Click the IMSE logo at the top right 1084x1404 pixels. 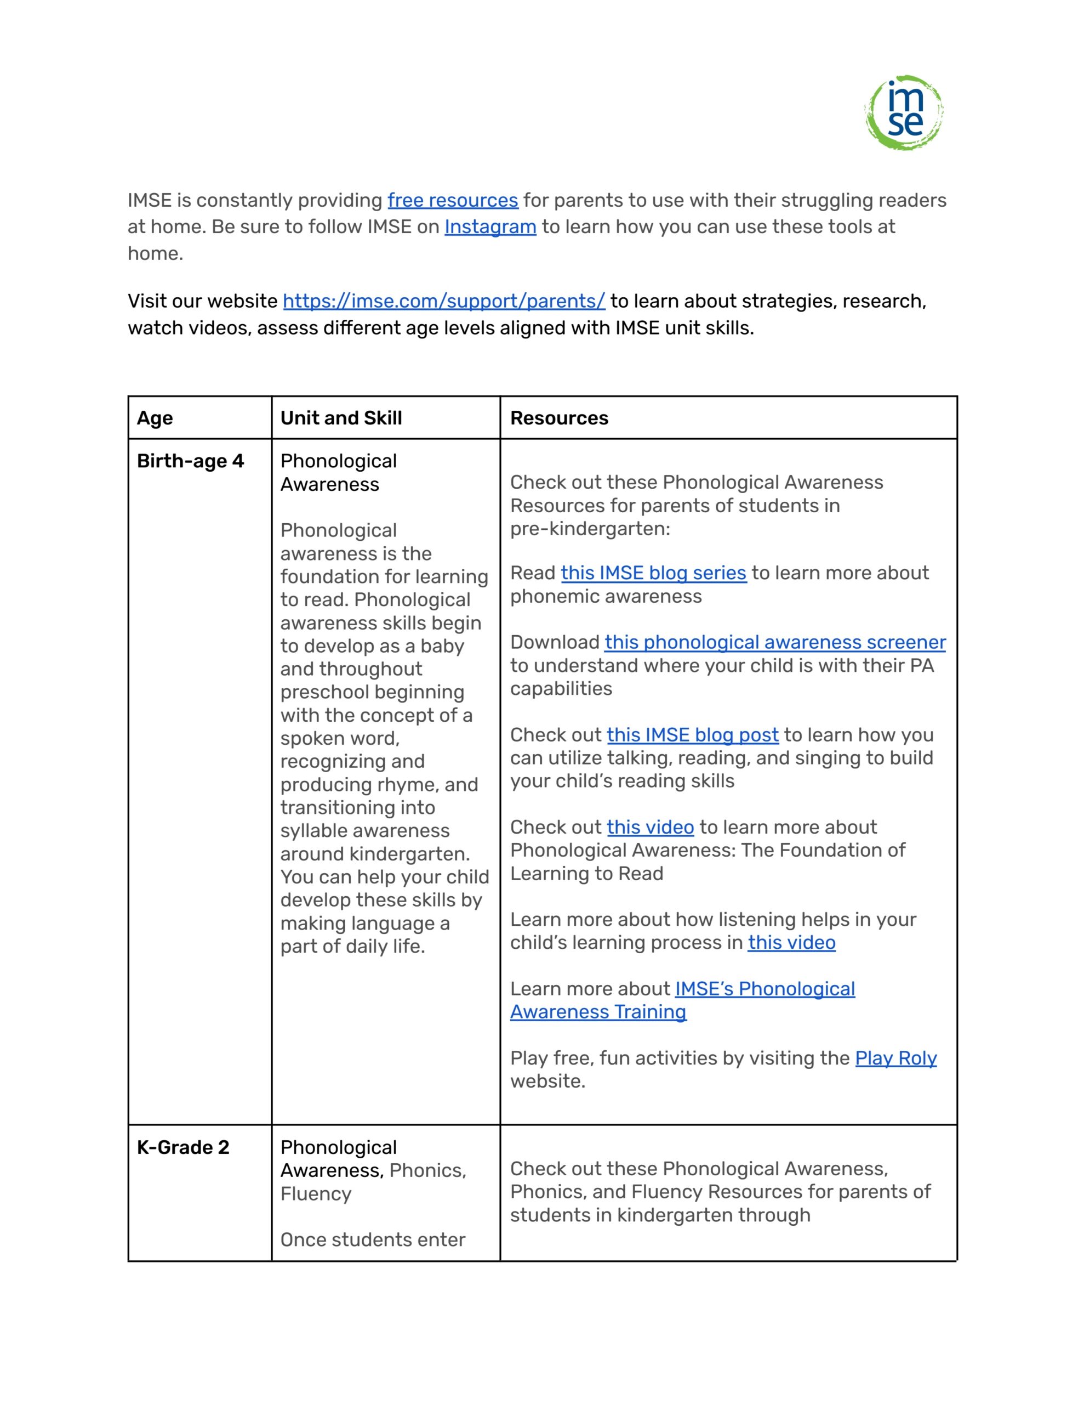point(904,112)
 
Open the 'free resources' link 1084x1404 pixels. point(452,201)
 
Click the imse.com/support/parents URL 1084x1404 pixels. point(443,301)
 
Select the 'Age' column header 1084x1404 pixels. point(155,418)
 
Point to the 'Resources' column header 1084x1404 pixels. point(558,418)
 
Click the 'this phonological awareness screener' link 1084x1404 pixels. point(774,642)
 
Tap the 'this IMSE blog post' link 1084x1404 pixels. point(692,735)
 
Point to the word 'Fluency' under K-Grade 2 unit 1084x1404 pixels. point(316,1194)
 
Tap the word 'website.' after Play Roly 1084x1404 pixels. point(547,1082)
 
